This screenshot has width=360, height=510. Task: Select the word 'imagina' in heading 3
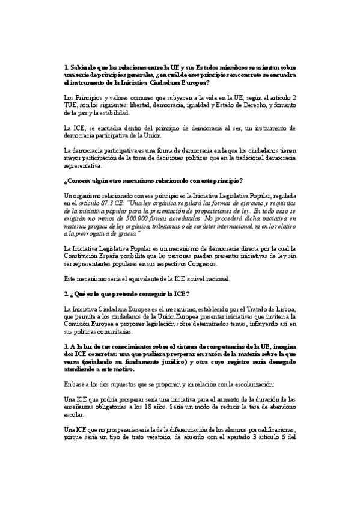click(282, 346)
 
